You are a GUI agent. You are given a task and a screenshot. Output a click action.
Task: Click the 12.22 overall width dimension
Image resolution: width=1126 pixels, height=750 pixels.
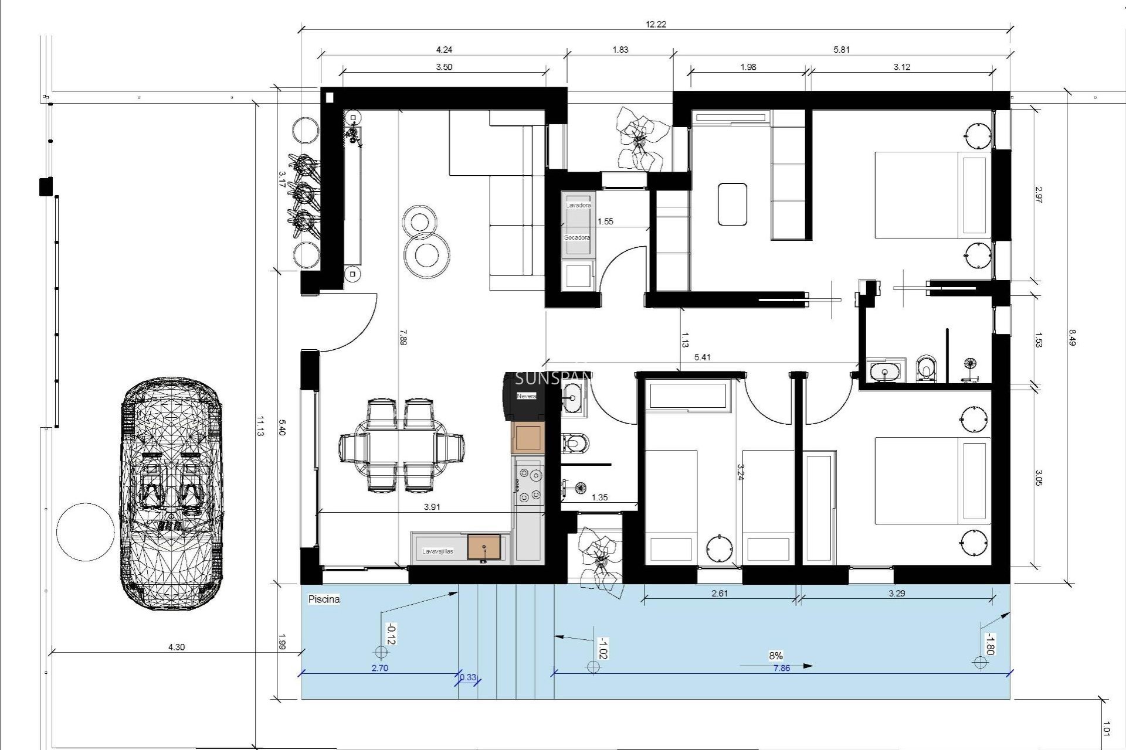pos(656,25)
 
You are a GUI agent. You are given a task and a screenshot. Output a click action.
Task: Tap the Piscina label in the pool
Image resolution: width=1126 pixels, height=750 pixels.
pos(324,599)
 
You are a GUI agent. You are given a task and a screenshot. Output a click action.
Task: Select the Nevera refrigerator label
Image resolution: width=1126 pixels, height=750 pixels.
pos(526,396)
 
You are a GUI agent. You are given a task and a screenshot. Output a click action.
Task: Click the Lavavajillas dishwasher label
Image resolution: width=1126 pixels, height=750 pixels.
pos(437,551)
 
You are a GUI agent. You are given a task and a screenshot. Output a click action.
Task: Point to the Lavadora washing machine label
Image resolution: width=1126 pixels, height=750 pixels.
pos(578,206)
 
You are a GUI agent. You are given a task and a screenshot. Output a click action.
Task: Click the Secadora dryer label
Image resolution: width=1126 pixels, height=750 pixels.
pos(577,238)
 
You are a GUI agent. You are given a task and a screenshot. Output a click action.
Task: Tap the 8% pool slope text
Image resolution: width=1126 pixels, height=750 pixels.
pos(776,656)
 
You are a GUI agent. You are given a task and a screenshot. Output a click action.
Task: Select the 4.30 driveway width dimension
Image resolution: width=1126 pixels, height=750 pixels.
pos(177,647)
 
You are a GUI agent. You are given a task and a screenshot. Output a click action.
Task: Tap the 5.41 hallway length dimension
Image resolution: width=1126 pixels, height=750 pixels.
pos(702,357)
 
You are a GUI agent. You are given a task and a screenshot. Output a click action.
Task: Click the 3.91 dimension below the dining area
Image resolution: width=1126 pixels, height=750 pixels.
pos(432,507)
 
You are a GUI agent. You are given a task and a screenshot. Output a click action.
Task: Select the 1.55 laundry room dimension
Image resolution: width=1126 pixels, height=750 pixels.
pos(605,221)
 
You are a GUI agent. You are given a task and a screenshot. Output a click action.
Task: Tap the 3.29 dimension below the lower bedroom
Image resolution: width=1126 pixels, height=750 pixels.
pos(897,593)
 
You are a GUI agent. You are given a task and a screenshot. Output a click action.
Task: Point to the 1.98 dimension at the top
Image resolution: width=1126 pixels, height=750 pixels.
pos(748,67)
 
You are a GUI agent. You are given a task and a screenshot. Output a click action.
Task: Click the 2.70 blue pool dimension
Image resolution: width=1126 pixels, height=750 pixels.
pos(379,668)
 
